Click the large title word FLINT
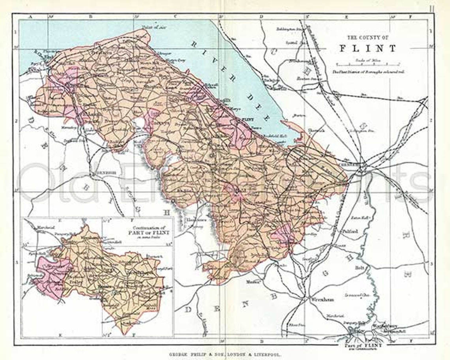pos(368,49)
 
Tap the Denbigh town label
pos(105,173)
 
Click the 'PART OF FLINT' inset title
pos(151,232)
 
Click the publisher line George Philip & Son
pos(225,355)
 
